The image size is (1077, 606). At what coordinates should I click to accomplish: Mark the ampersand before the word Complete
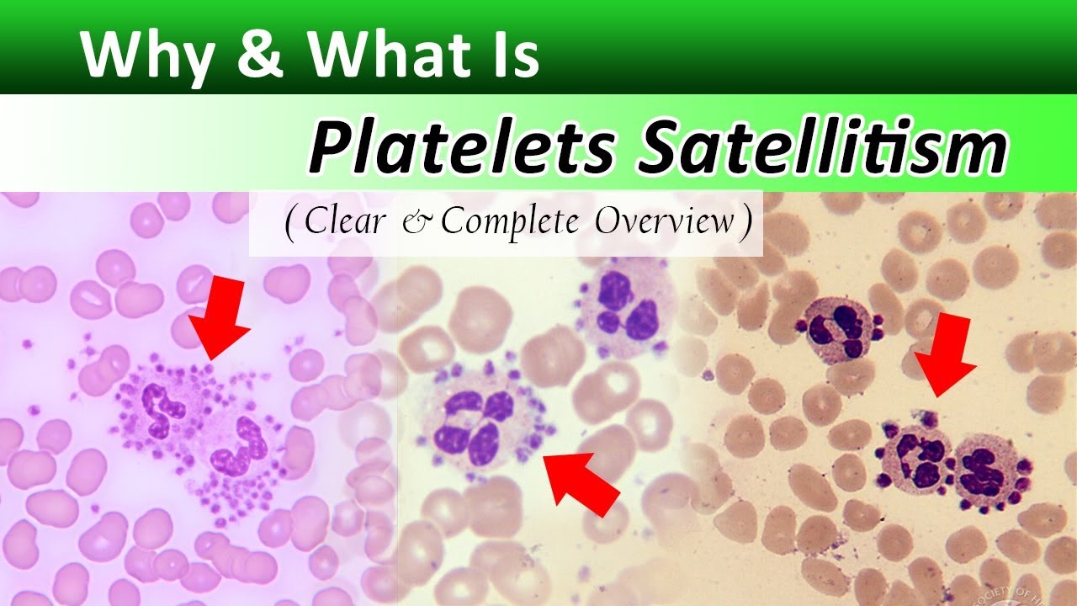pos(424,223)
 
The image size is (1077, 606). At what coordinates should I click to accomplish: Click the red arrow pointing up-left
pos(581,484)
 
